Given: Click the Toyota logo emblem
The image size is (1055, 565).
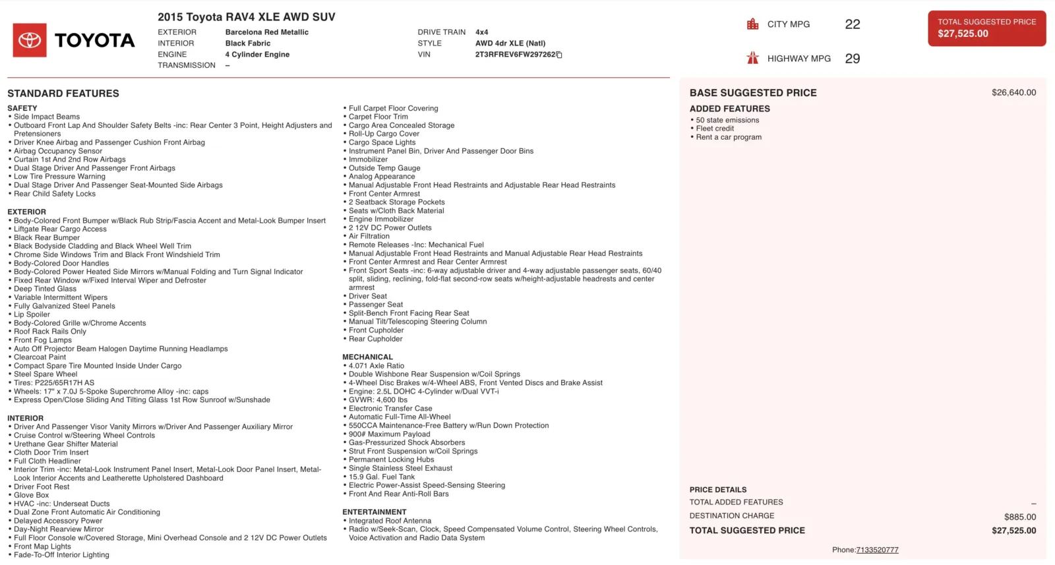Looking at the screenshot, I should [x=30, y=40].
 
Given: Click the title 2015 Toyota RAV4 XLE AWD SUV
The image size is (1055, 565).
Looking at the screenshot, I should [x=246, y=17].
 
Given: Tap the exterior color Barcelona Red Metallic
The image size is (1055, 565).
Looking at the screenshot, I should [x=266, y=32].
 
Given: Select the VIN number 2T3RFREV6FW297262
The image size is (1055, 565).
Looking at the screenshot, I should [x=515, y=55].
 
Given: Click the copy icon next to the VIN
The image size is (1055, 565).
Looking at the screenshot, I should [x=559, y=55].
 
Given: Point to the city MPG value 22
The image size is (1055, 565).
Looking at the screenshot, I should [x=852, y=24].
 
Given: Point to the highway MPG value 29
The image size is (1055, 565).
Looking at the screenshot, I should [x=852, y=59].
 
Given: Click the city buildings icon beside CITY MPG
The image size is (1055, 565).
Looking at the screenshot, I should [x=752, y=24].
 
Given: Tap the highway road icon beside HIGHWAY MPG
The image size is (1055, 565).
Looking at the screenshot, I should [x=752, y=58].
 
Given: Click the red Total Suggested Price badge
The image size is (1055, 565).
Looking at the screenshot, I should [x=986, y=28].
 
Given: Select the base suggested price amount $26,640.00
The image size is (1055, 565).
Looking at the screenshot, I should [x=1013, y=93].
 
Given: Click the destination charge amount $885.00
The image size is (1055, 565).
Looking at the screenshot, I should [x=1020, y=517].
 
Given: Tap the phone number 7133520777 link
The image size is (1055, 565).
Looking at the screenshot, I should [x=877, y=550].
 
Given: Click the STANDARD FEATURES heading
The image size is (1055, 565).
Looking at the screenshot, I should [x=63, y=94].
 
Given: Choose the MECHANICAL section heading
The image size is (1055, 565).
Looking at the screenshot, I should [x=367, y=357].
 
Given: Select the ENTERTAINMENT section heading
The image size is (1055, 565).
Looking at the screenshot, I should [x=374, y=512].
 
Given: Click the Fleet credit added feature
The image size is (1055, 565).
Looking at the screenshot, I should [x=715, y=129].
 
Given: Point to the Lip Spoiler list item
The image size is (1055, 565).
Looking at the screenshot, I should [x=32, y=314].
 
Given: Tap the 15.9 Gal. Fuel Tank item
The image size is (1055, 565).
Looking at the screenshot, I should [x=382, y=477].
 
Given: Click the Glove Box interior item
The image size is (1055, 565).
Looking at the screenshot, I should [x=31, y=495].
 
